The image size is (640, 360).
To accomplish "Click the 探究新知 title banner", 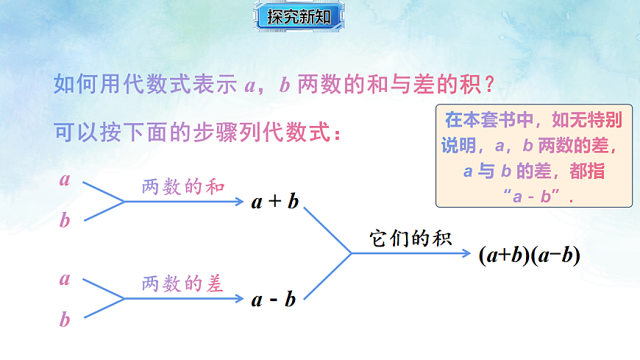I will pos(299,17).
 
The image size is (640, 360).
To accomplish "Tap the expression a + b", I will pos(275,201).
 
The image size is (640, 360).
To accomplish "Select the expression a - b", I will pos(274,299).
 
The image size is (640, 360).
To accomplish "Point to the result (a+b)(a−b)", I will pos(530,255).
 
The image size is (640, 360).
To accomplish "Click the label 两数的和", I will pos(182,186).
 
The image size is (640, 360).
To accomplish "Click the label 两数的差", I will pos(182,283).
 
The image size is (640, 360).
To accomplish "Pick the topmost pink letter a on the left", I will pos(65,179).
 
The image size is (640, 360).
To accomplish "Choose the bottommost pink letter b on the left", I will pos(65,320).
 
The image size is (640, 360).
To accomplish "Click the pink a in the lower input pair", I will pos(65,279).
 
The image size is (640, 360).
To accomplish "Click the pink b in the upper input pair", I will pos(65,220).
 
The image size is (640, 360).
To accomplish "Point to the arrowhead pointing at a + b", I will pos(240,200).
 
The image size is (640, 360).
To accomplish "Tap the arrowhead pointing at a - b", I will pos(240,298).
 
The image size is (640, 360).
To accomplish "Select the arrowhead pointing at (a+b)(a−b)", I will pos(467,253).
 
